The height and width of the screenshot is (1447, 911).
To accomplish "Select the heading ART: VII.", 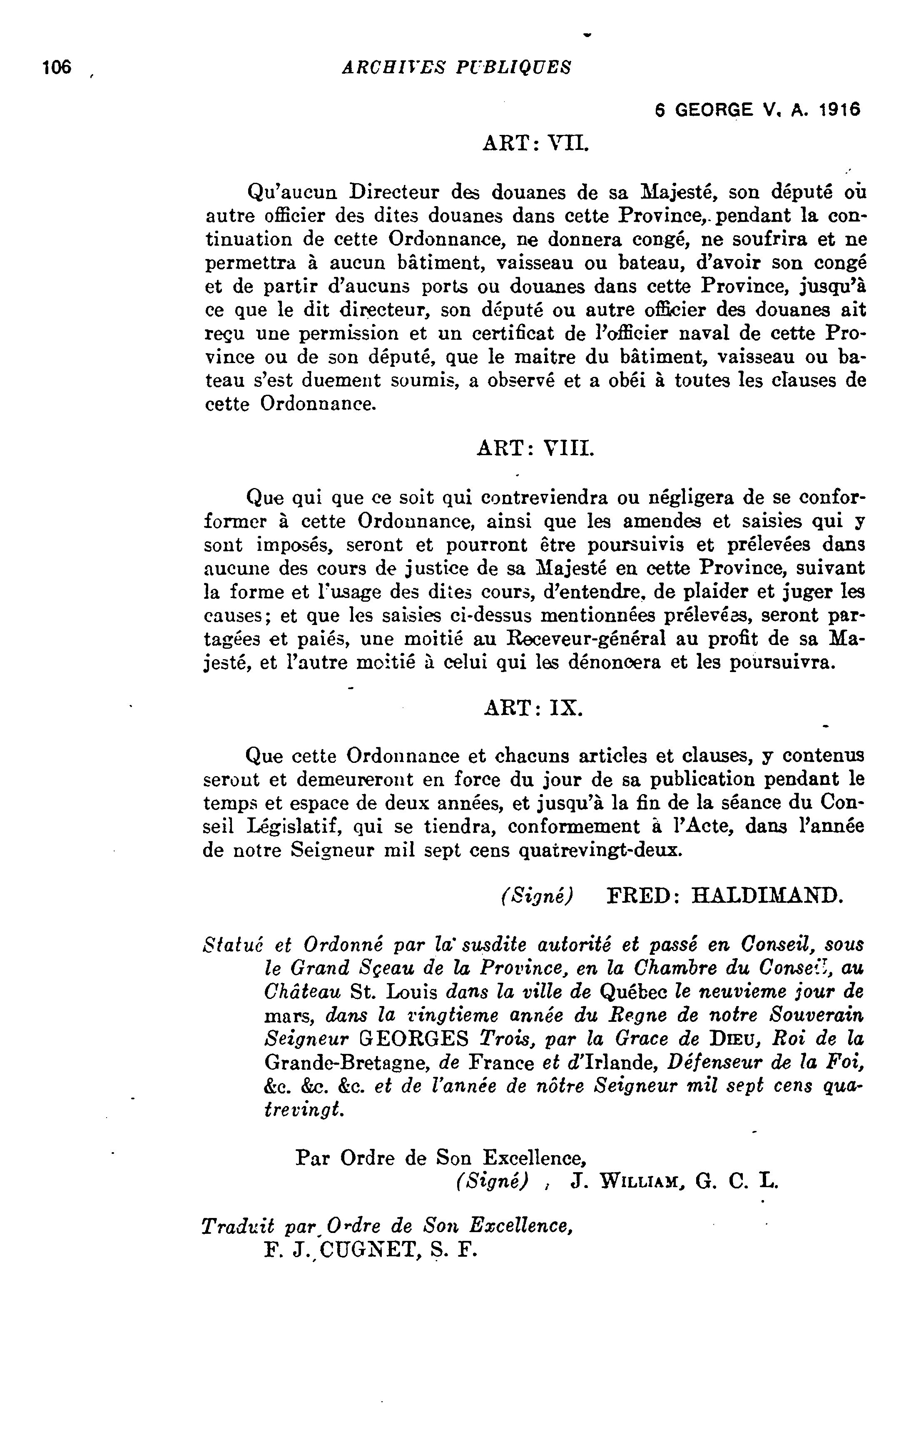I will pos(533,144).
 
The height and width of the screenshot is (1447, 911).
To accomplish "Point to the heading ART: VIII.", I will pos(535,448).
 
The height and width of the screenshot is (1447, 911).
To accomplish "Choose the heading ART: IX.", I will pos(533,708).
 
